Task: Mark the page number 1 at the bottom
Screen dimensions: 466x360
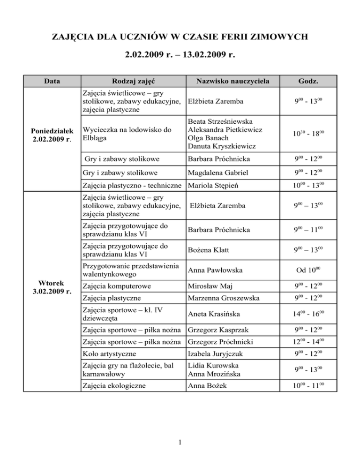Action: [x=180, y=442]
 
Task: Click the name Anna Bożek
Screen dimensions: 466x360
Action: [x=205, y=385]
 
